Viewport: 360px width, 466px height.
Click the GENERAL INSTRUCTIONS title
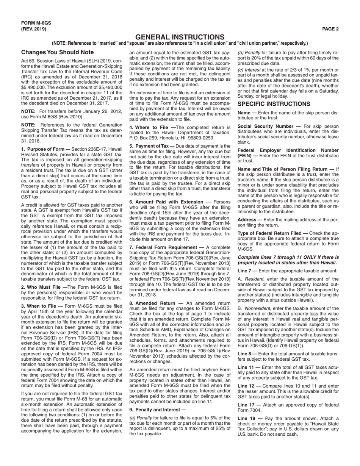point(180,37)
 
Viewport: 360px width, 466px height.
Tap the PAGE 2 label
point(330,29)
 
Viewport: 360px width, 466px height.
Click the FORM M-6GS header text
point(36,23)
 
